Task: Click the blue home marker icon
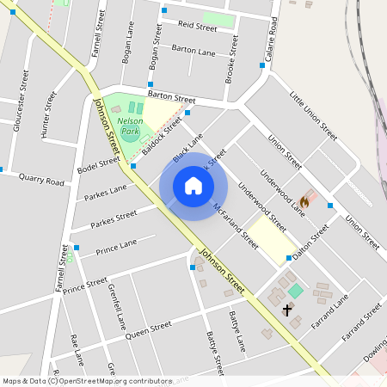[x=193, y=186]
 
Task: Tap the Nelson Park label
[x=130, y=128]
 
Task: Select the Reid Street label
[x=197, y=28]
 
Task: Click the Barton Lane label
[x=193, y=52]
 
